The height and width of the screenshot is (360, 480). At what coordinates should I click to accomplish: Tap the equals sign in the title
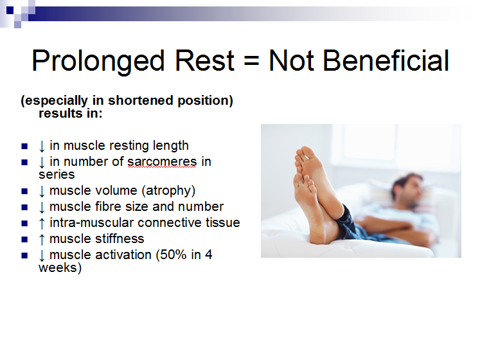(x=251, y=60)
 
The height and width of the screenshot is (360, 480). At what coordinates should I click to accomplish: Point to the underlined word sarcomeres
(x=162, y=162)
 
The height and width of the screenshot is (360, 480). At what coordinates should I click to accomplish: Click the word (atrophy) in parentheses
(x=168, y=190)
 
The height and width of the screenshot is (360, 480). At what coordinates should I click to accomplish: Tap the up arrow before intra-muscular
(x=42, y=223)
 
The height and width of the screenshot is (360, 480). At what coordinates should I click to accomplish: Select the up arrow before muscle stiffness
(x=42, y=239)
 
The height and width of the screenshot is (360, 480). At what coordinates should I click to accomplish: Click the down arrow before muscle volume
(x=42, y=191)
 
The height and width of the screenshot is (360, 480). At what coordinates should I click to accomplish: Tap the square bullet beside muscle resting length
(x=24, y=146)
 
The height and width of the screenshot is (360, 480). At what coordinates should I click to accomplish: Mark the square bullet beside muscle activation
(x=24, y=255)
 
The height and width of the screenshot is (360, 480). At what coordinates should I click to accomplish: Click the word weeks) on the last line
(x=60, y=268)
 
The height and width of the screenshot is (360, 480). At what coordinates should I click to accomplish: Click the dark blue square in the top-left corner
(x=10, y=10)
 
